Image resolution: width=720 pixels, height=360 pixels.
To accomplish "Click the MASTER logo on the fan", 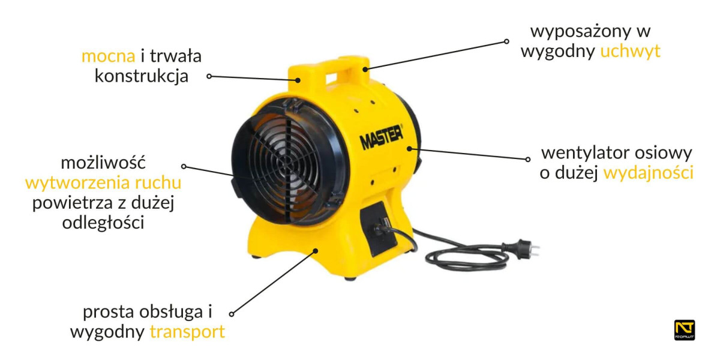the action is (x=381, y=137).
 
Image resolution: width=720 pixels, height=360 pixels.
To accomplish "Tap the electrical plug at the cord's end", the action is (x=521, y=250).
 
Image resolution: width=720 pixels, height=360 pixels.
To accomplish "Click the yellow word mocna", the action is (x=109, y=56).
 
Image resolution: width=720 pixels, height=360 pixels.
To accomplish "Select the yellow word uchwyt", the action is (x=630, y=52).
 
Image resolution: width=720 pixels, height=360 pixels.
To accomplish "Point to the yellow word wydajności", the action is (x=649, y=173).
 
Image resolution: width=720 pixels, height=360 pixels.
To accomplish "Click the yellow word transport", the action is (x=187, y=332).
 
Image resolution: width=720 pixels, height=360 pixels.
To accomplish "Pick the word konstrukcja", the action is (x=142, y=77).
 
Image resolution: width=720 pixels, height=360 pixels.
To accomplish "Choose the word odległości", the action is (x=103, y=223).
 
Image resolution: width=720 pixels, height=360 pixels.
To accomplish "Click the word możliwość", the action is (x=103, y=163).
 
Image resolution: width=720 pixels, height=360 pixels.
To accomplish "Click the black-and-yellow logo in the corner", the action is (x=685, y=330).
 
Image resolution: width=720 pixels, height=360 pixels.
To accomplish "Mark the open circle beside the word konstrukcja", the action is (x=209, y=77).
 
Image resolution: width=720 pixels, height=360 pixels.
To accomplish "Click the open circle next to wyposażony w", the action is (x=506, y=41).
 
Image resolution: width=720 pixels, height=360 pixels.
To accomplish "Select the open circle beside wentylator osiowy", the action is (x=528, y=159).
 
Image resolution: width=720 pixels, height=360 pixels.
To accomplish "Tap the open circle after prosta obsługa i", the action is (x=232, y=314).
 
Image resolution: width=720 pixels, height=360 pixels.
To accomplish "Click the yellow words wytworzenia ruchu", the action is (x=103, y=183).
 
